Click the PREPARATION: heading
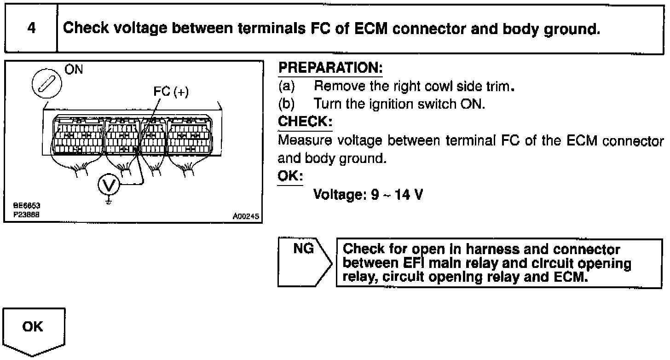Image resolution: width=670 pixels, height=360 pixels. [x=330, y=69]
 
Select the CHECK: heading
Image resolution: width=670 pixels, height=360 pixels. [x=305, y=122]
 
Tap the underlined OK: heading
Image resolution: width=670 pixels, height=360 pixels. [x=290, y=176]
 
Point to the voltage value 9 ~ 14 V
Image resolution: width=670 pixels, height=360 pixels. [x=397, y=195]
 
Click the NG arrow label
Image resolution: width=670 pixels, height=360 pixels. [x=304, y=249]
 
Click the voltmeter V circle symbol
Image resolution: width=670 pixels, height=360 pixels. [x=109, y=186]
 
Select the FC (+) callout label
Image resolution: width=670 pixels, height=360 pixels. [x=171, y=92]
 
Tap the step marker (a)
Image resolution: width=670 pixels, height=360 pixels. [x=286, y=86]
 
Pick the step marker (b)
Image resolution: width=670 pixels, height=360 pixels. [x=286, y=104]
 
